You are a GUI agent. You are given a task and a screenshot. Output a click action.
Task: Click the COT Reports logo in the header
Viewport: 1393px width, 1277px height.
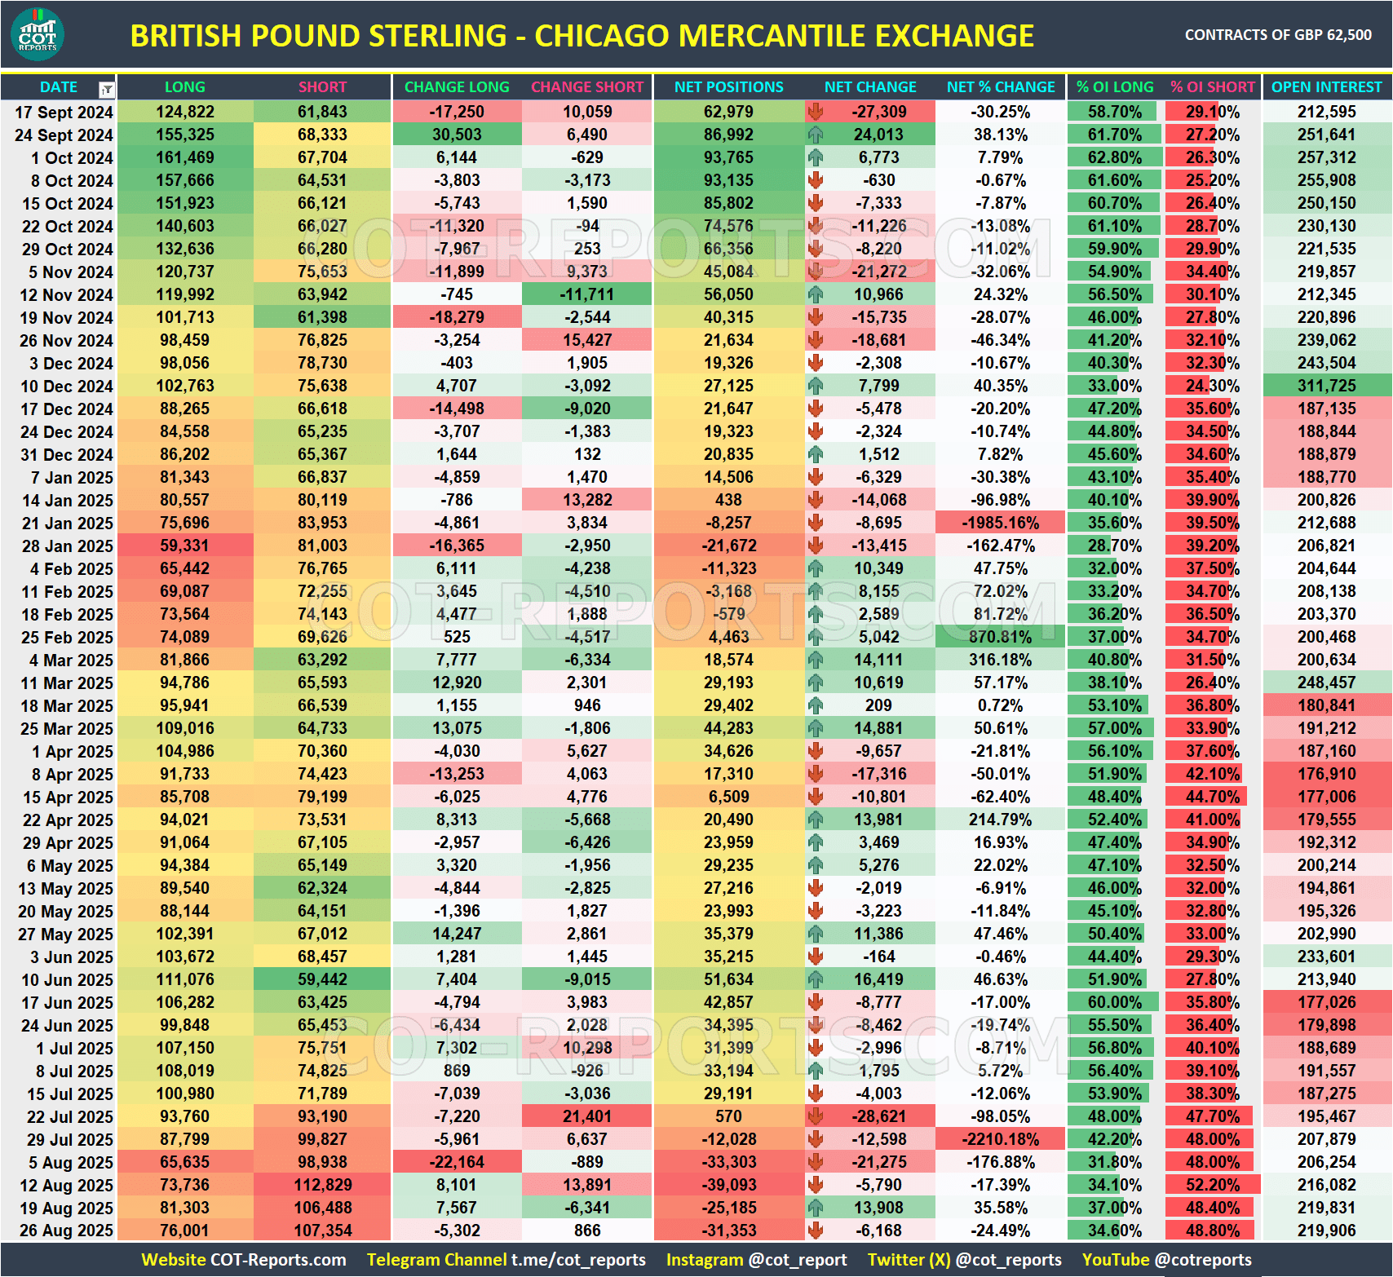pyautogui.click(x=38, y=35)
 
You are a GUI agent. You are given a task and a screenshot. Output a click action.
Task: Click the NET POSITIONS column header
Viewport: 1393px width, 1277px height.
pyautogui.click(x=728, y=87)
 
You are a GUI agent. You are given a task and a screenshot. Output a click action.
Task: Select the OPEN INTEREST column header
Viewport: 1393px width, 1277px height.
pyautogui.click(x=1326, y=87)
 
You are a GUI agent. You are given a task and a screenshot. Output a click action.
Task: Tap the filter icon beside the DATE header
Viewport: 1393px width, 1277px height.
pyautogui.click(x=106, y=89)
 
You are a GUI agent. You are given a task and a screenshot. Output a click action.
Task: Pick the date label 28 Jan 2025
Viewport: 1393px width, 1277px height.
pyautogui.click(x=67, y=546)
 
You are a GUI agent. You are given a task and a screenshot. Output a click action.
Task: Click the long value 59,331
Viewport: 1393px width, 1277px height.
pyautogui.click(x=184, y=546)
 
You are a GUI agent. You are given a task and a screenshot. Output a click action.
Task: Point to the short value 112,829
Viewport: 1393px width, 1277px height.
pyautogui.click(x=322, y=1185)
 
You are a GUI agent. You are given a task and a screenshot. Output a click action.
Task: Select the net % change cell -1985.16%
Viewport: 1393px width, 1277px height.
pyautogui.click(x=1000, y=523)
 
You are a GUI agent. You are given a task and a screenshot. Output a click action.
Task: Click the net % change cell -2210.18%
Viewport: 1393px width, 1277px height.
pyautogui.click(x=1000, y=1139)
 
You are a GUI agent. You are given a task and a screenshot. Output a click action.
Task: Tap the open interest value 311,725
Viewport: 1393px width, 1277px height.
pyautogui.click(x=1326, y=386)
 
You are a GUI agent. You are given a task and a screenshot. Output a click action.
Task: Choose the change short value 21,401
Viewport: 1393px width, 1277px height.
pyautogui.click(x=586, y=1116)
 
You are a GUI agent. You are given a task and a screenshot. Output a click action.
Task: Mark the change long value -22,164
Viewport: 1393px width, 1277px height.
pyautogui.click(x=457, y=1162)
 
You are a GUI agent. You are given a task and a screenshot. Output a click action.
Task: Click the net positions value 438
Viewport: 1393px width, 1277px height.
pyautogui.click(x=728, y=500)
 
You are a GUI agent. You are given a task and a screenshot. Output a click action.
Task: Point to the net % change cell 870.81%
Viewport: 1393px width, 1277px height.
pyautogui.click(x=1000, y=637)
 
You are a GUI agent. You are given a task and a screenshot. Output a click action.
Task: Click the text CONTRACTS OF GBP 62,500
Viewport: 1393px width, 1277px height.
pyautogui.click(x=1277, y=35)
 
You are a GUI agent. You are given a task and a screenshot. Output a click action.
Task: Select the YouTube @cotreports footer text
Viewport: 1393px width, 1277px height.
pyautogui.click(x=1166, y=1260)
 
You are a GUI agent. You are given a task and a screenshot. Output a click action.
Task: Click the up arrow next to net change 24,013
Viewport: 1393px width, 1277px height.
pyautogui.click(x=816, y=135)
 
